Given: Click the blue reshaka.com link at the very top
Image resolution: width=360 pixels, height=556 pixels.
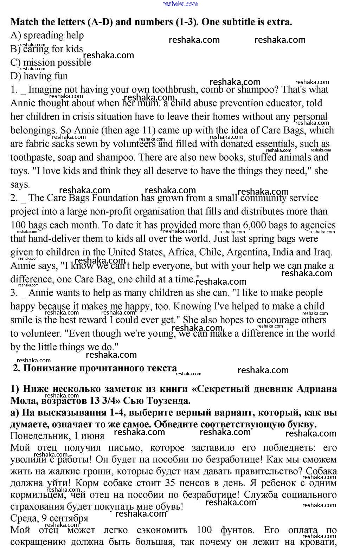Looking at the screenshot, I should (180, 4).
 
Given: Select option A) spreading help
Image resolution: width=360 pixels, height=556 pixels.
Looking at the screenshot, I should (47, 35).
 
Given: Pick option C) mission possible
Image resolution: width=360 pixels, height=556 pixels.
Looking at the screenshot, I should (51, 63).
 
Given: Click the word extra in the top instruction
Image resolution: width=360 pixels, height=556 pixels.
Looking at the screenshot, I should (278, 22).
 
